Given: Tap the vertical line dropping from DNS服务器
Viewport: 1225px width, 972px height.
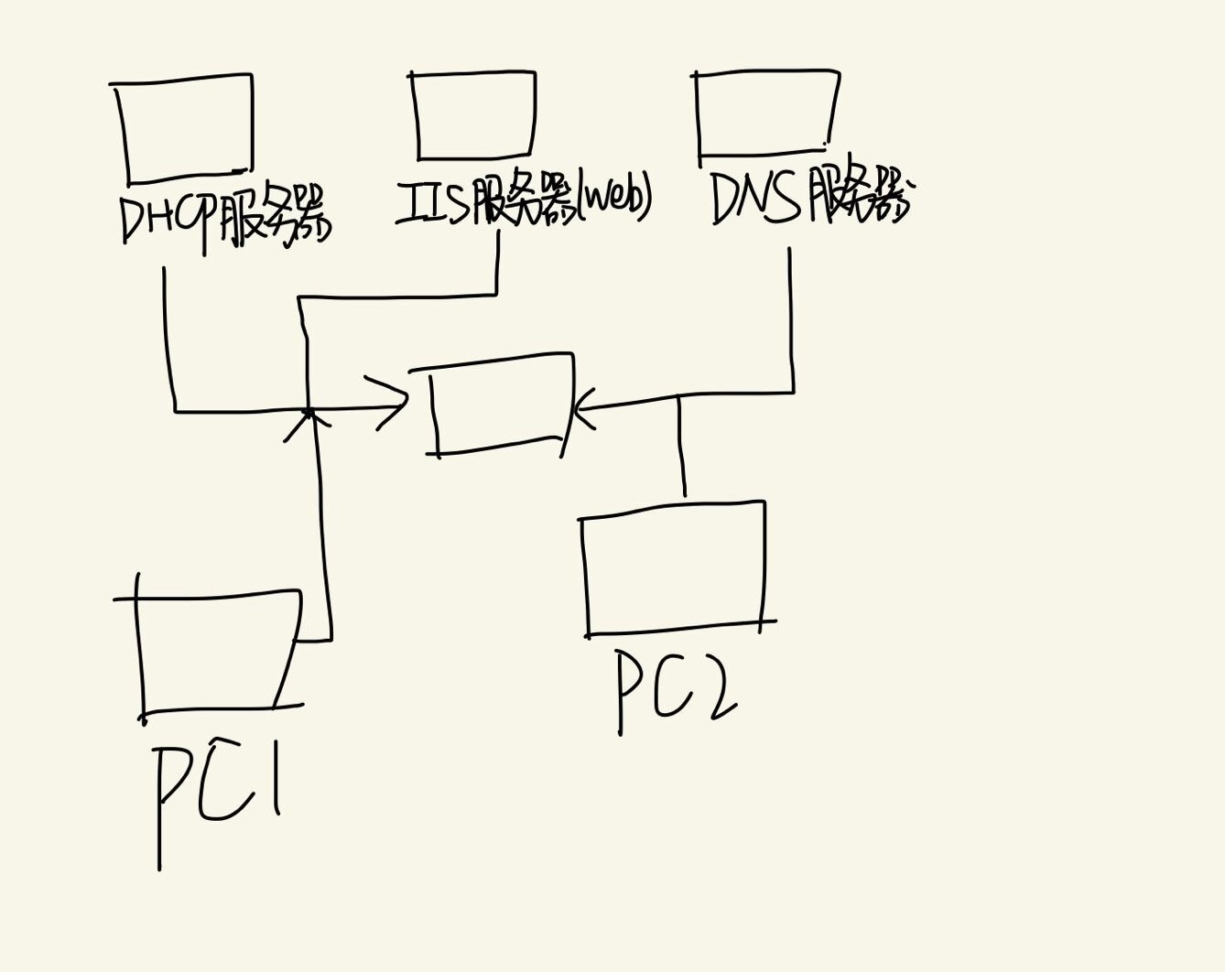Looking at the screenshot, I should point(791,320).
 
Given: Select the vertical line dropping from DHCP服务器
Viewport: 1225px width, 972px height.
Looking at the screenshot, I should point(167,339).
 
